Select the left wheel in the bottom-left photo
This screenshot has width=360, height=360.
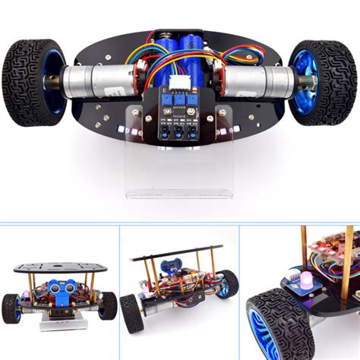point(12,308)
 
